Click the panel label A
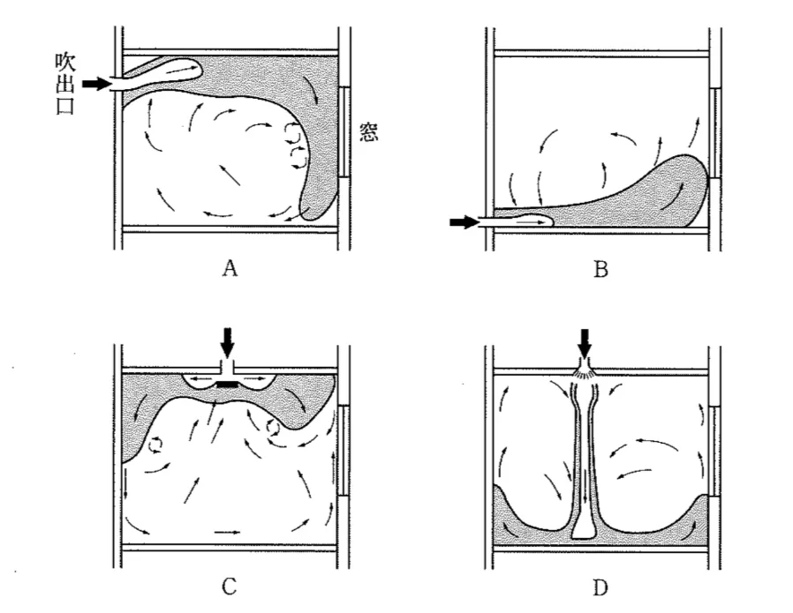click(x=230, y=269)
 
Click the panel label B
click(x=600, y=270)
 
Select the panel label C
click(x=229, y=587)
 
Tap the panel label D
click(x=600, y=587)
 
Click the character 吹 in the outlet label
click(x=65, y=63)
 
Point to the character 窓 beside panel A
click(x=368, y=131)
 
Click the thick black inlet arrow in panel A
click(x=96, y=83)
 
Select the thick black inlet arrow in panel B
click(x=464, y=221)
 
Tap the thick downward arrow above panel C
click(x=228, y=343)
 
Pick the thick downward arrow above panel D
click(x=585, y=343)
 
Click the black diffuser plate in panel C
click(x=227, y=385)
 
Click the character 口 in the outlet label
click(x=65, y=106)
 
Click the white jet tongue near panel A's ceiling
click(x=162, y=71)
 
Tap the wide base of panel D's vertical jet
click(x=585, y=530)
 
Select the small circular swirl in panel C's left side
click(x=155, y=445)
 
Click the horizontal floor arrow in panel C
click(x=228, y=532)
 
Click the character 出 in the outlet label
click(x=65, y=85)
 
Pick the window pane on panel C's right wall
click(x=344, y=451)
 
